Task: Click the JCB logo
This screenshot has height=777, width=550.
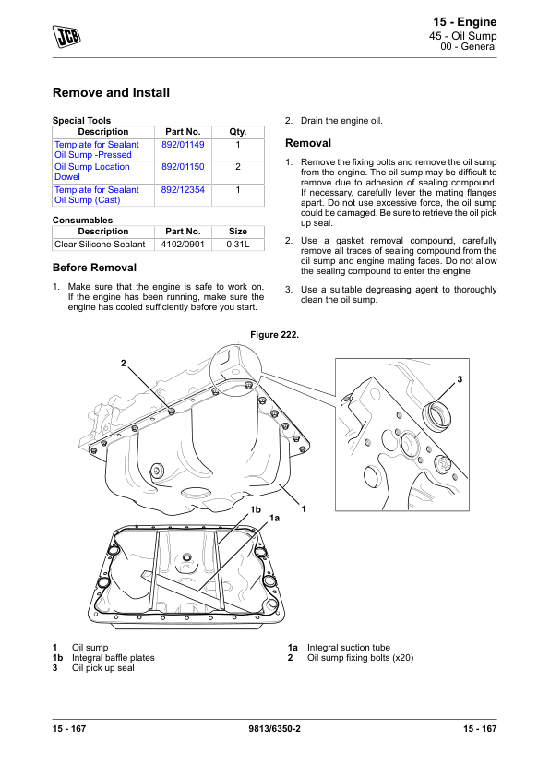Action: (66, 36)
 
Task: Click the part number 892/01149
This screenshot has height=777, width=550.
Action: (183, 145)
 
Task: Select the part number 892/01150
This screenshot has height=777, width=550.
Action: (183, 167)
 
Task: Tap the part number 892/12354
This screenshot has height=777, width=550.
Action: (183, 190)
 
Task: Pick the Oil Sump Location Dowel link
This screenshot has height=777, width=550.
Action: (91, 172)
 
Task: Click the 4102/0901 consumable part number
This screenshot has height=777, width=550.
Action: (183, 245)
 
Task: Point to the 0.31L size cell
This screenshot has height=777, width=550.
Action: (238, 245)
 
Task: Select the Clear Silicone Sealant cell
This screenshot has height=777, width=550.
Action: (100, 245)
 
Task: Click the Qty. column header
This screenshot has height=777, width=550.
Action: (238, 132)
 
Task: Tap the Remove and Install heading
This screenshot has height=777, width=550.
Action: (111, 92)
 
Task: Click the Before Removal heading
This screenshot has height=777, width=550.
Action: (94, 268)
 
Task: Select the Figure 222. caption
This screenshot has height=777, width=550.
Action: (274, 335)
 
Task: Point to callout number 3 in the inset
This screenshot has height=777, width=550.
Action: (460, 379)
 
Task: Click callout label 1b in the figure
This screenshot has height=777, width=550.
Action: (256, 509)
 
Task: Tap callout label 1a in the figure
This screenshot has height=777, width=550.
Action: (274, 518)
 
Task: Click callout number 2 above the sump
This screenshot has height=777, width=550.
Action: (124, 364)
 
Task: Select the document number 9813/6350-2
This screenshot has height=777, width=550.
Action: (274, 728)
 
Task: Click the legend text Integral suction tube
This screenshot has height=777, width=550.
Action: (348, 648)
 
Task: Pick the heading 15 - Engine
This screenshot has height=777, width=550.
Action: (465, 22)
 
